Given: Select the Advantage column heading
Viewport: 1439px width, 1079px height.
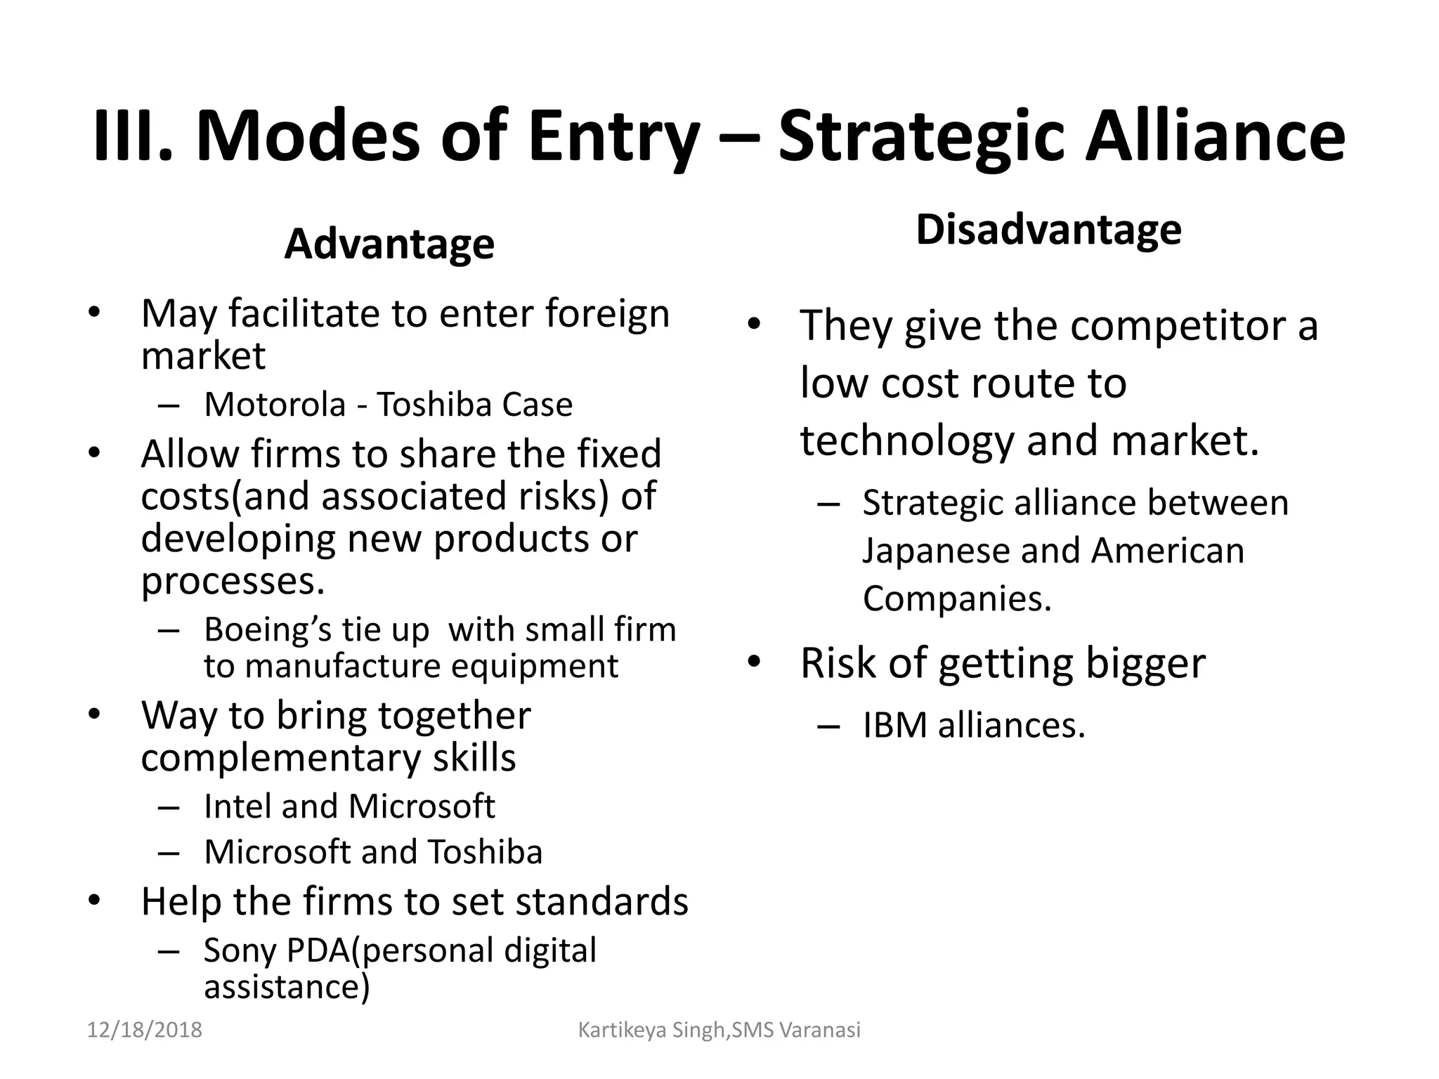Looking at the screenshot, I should pyautogui.click(x=389, y=244).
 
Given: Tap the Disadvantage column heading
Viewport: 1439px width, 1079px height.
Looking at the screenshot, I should pyautogui.click(x=1048, y=230).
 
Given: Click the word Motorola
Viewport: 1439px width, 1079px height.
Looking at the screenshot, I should pyautogui.click(x=275, y=405).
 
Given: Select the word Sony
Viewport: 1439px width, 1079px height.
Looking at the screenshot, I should pyautogui.click(x=239, y=950).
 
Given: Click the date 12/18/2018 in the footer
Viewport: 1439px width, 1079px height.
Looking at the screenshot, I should pyautogui.click(x=144, y=1031).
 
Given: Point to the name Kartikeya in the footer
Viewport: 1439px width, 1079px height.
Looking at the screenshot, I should pyautogui.click(x=621, y=1031).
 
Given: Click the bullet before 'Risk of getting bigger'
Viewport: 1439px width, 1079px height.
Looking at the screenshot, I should pyautogui.click(x=754, y=662).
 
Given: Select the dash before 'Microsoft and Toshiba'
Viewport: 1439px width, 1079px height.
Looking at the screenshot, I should pyautogui.click(x=169, y=852).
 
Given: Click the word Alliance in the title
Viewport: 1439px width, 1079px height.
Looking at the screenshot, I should pyautogui.click(x=1216, y=137).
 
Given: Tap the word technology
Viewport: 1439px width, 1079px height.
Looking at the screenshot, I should pyautogui.click(x=907, y=441).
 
